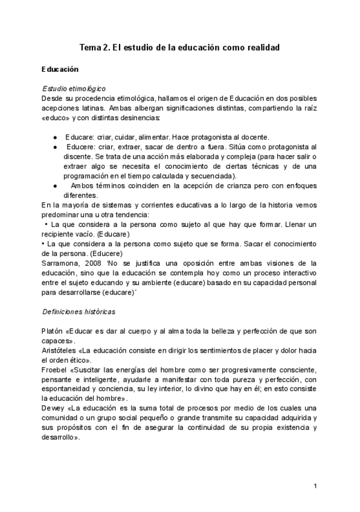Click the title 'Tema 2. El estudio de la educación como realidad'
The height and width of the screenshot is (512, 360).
click(x=180, y=47)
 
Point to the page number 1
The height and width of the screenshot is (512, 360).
click(x=316, y=485)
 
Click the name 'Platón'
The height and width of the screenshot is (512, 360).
click(x=52, y=331)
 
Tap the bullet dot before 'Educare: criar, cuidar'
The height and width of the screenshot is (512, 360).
click(x=55, y=137)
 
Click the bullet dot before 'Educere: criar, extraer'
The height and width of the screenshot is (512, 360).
click(x=55, y=147)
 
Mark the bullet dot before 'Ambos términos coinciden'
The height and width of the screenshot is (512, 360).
click(x=55, y=186)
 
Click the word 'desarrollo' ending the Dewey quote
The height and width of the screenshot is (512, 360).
click(x=59, y=437)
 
